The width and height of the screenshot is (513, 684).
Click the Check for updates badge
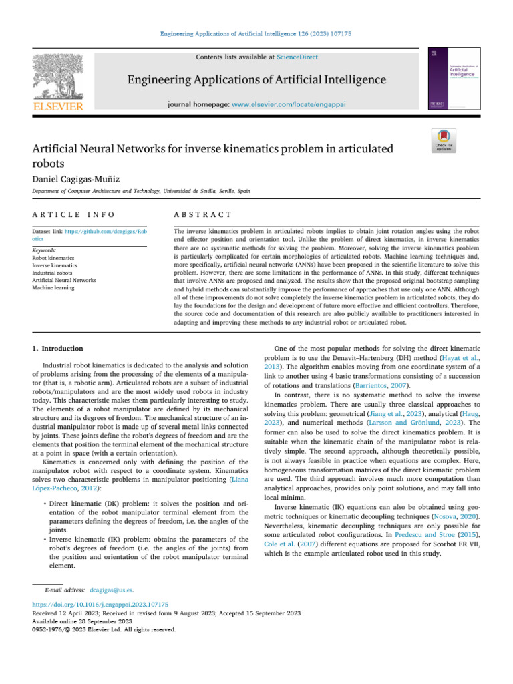pyautogui.click(x=444, y=141)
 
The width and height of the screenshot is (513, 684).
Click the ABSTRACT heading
pyautogui.click(x=202, y=214)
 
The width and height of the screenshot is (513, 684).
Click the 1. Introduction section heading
pyautogui.click(x=58, y=348)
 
